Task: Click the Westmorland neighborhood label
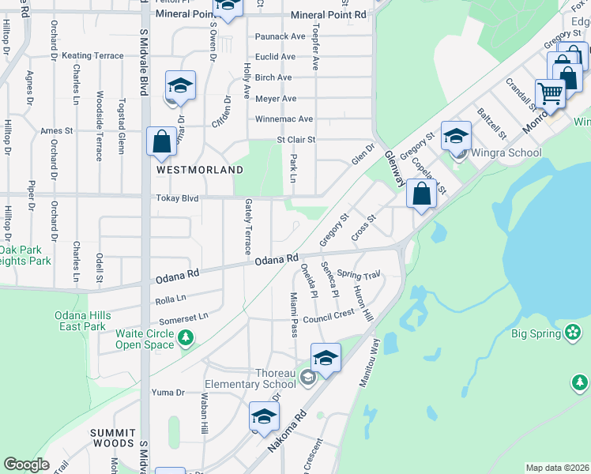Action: tap(188, 169)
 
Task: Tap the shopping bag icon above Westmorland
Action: tap(161, 142)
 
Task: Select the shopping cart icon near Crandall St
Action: tap(549, 94)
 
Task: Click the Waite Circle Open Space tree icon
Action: tap(186, 339)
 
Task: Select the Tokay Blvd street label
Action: tap(177, 198)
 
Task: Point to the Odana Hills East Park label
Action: tap(80, 321)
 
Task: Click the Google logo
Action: tap(26, 464)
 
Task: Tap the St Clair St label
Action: tap(295, 140)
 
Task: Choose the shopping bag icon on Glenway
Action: tap(422, 194)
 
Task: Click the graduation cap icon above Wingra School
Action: tap(456, 135)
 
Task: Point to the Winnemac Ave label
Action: tap(284, 119)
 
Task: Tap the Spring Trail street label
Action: tap(359, 275)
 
